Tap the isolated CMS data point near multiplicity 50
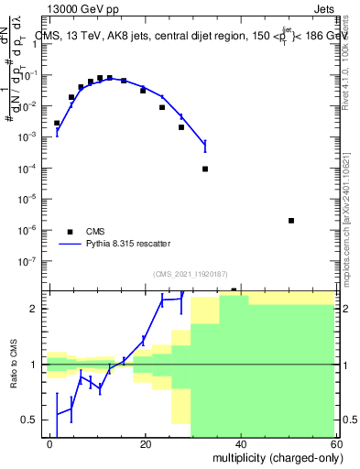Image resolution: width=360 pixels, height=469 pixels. (x=290, y=221)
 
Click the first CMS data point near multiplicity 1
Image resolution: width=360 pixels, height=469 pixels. (x=57, y=123)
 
